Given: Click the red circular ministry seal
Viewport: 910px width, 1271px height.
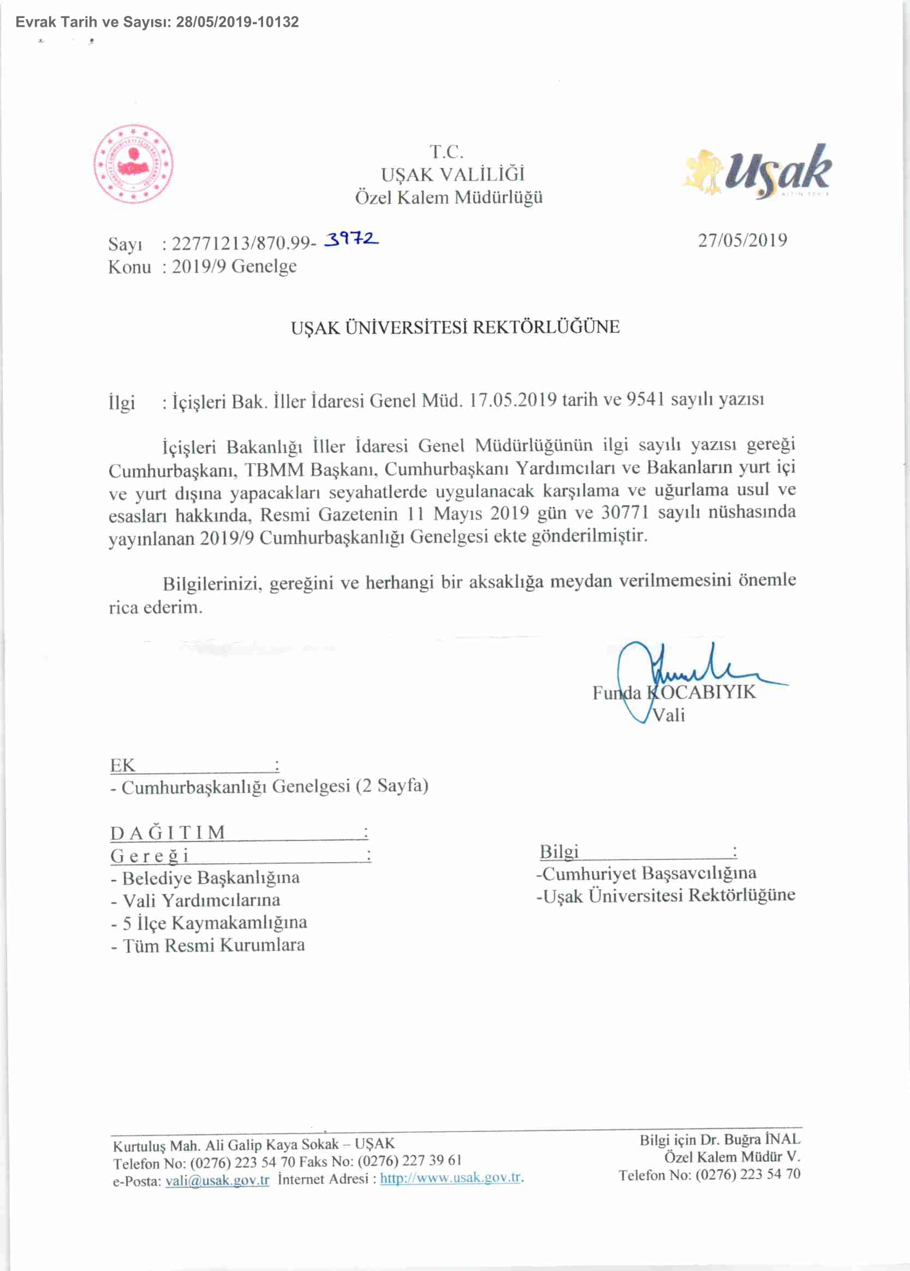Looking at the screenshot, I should point(133,164).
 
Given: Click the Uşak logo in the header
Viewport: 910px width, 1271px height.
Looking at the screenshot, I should point(758,171).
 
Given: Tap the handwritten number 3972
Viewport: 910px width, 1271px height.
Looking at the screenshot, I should point(352,239).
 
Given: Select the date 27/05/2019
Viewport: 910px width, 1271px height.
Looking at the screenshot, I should point(742,240).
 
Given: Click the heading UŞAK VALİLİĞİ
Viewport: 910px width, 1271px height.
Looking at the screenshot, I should point(452,174).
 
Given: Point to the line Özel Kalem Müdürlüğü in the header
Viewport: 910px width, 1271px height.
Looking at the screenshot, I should point(449,197).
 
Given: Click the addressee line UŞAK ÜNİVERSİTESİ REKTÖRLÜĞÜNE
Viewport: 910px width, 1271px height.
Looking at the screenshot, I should point(455,327).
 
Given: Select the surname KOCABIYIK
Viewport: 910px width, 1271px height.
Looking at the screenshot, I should point(701,692).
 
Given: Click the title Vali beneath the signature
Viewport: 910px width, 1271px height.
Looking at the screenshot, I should point(669,715).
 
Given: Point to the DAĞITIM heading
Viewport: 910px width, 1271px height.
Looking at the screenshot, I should point(168,833).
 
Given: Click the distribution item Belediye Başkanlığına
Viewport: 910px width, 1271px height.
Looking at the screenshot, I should point(211,877).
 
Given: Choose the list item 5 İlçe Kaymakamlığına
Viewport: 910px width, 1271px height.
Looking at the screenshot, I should point(215,923).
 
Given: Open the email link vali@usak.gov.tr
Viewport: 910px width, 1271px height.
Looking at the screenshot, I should point(217,1180).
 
